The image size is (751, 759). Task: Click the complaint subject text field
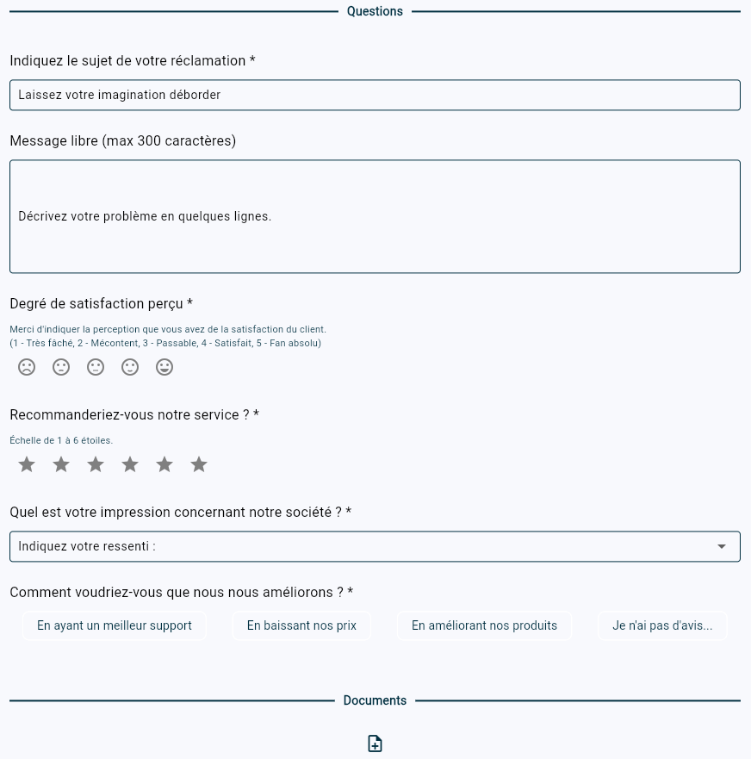point(375,95)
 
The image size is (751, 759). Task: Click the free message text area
point(375,216)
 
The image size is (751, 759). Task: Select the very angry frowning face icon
point(27,367)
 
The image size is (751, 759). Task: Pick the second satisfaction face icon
point(61,367)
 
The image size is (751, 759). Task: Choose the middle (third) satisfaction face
point(96,367)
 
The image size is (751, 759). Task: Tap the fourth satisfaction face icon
point(130,367)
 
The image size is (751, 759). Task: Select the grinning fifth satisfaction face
point(164,367)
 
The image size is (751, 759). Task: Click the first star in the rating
point(27,464)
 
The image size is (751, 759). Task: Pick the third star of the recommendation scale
point(96,464)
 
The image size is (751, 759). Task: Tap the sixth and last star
point(199,464)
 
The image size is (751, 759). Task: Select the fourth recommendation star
point(130,464)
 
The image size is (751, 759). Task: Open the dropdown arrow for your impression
point(722,546)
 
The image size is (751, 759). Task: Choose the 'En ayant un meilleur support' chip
point(115,625)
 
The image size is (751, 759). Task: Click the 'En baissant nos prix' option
point(301,625)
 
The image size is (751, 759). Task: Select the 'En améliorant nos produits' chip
point(484,625)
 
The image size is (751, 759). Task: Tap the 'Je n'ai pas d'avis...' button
point(662,625)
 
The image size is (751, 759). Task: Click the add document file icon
point(375,743)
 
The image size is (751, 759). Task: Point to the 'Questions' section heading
point(375,11)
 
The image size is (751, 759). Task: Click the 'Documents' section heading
point(375,700)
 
